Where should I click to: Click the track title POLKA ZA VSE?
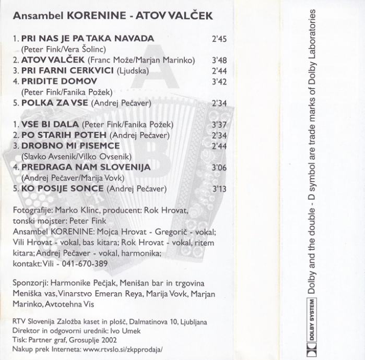click(x=55, y=103)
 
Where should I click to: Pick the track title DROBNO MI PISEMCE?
click(x=61, y=146)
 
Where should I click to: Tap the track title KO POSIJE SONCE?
click(x=57, y=189)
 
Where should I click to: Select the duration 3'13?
click(x=219, y=189)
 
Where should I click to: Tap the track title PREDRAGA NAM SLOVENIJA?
click(x=86, y=167)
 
